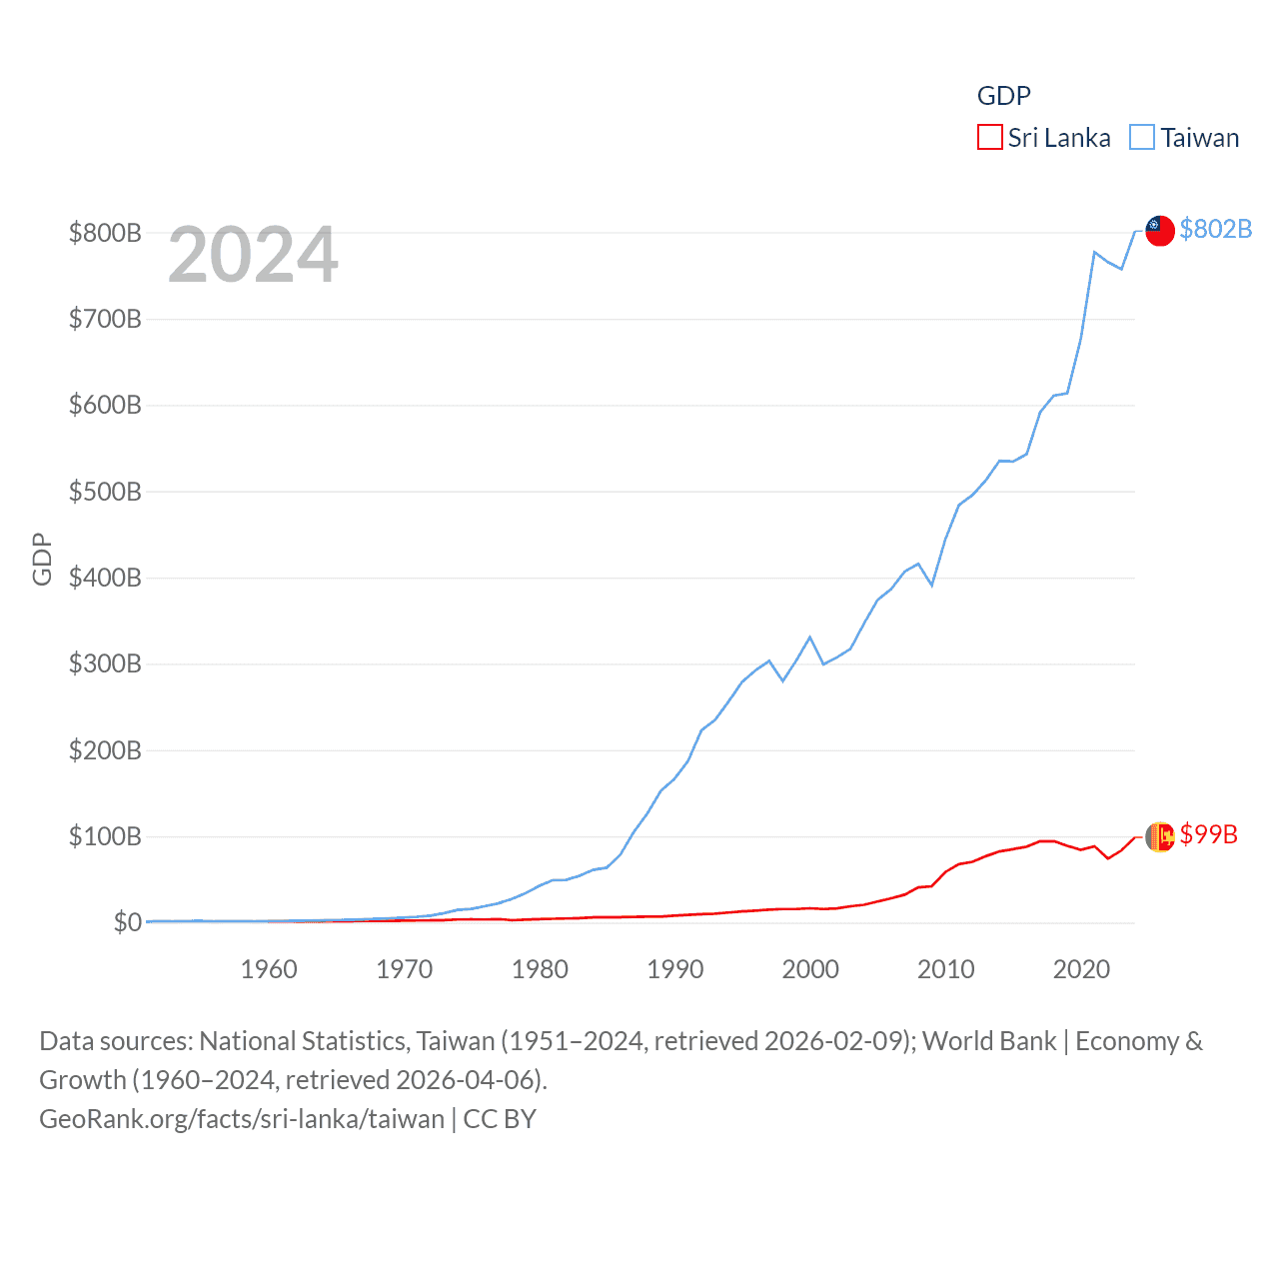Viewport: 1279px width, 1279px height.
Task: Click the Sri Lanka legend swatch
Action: [x=989, y=138]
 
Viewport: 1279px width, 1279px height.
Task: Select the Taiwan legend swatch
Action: [x=1142, y=138]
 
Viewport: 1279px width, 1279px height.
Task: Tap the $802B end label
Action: [x=1215, y=229]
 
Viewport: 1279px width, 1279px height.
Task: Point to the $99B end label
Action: [x=1208, y=834]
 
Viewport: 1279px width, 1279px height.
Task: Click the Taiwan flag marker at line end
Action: [x=1159, y=230]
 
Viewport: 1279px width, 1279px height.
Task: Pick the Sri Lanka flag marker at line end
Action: [x=1159, y=836]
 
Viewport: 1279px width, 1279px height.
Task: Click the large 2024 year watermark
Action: [x=253, y=255]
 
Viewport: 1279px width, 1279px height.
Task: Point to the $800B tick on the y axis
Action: [x=105, y=233]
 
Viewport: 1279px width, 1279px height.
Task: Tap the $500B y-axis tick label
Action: [x=105, y=492]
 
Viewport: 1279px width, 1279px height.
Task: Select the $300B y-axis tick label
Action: [x=105, y=663]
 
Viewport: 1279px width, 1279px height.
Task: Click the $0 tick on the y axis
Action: [x=127, y=922]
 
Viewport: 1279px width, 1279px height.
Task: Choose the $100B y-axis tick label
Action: [x=105, y=836]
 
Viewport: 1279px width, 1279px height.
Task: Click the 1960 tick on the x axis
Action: [x=269, y=969]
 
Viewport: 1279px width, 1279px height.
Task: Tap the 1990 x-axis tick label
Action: [x=675, y=969]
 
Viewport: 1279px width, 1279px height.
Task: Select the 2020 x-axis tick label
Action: [x=1082, y=969]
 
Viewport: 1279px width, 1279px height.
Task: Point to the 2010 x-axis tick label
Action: [x=946, y=969]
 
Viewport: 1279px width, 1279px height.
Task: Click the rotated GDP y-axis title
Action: [x=42, y=560]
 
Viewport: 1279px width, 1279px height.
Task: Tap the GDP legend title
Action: [x=1003, y=96]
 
